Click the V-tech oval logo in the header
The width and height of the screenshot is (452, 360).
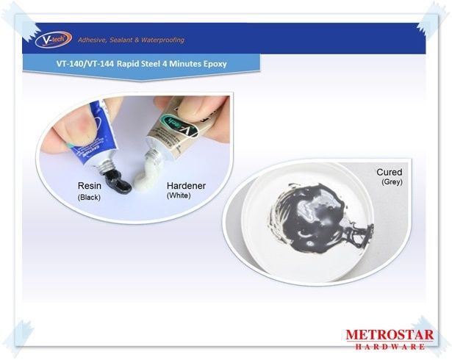pyautogui.click(x=54, y=40)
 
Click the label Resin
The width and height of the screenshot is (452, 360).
pyautogui.click(x=90, y=186)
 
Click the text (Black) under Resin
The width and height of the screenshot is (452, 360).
pyautogui.click(x=89, y=197)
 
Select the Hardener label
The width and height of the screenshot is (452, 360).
pyautogui.click(x=186, y=186)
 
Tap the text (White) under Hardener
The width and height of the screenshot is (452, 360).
pyautogui.click(x=179, y=195)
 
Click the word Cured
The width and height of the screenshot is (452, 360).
pyautogui.click(x=389, y=172)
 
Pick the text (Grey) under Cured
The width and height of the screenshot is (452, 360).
pyautogui.click(x=392, y=182)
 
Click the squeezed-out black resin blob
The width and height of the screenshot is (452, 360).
pyautogui.click(x=118, y=183)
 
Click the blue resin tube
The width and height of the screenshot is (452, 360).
pyautogui.click(x=93, y=135)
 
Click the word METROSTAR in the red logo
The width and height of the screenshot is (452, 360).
pyautogui.click(x=390, y=335)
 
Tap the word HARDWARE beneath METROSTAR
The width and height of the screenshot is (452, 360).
pyautogui.click(x=390, y=346)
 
